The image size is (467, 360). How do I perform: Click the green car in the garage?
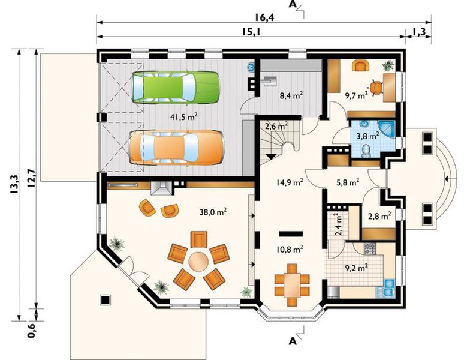pos(176,88)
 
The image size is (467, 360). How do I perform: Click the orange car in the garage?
pos(176,147)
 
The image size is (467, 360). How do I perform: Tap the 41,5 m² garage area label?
pos(184,116)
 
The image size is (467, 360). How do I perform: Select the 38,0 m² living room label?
pos(213,212)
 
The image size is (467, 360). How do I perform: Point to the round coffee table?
pos(198,262)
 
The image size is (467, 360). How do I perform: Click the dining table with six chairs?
pos(292,285)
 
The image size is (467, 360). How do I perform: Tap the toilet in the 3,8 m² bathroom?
pos(365,151)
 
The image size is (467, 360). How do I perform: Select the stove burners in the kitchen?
pos(370,249)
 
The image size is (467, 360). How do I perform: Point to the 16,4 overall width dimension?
pos(264,17)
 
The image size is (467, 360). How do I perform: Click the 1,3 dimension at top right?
pos(419,32)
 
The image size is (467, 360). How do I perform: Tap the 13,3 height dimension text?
pos(14,185)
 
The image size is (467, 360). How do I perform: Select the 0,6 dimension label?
pos(31,330)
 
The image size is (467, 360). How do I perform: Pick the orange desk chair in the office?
pos(376,88)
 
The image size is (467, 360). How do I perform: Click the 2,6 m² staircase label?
pos(276,126)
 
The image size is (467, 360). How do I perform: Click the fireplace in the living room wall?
pos(161,188)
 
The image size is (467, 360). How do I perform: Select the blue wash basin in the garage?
pos(251,68)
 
